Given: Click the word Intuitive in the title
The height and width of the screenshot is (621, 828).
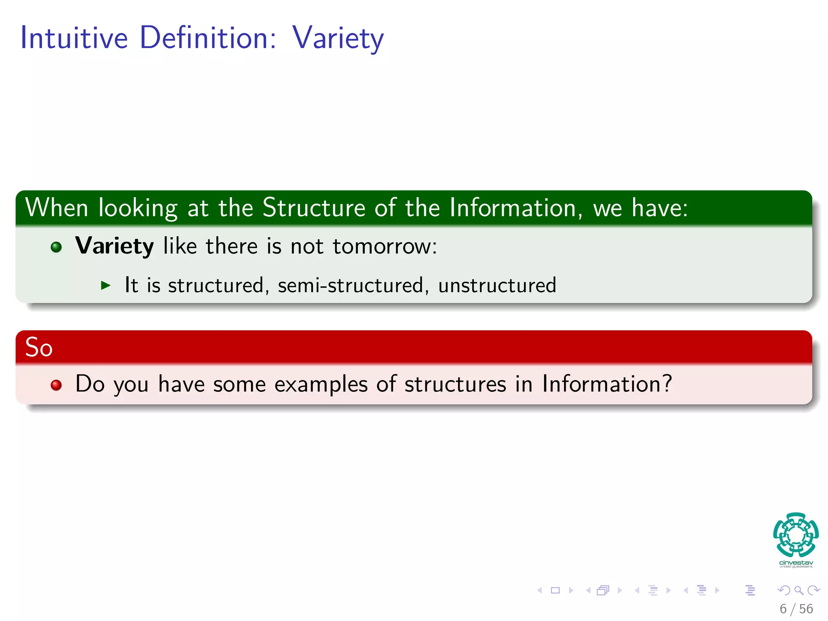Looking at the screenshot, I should click(74, 38).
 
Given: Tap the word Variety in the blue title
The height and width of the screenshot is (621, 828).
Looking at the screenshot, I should click(338, 38).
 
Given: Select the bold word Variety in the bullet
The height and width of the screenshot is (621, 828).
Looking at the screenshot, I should click(114, 246).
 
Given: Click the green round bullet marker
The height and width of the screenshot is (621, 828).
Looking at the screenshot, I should click(56, 247).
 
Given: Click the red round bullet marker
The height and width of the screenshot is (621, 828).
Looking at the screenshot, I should click(56, 385).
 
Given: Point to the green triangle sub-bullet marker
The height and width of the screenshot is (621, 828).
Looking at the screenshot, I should click(106, 285).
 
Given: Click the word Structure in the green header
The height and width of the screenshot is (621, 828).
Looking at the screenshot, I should click(314, 208).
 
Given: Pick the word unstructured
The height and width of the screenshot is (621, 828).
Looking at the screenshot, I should click(497, 285).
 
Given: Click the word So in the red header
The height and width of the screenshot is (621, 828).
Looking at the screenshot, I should click(39, 347).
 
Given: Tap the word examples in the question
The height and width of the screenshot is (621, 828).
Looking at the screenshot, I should click(321, 384).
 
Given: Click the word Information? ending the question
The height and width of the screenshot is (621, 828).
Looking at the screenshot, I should click(607, 384).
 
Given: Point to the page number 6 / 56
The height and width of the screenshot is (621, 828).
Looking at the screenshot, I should click(796, 609).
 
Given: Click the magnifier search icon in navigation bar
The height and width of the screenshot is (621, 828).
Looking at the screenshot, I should click(798, 590).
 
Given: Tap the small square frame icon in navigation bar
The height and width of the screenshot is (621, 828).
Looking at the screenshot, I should click(555, 590).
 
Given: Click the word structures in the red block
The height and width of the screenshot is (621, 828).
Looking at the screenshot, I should click(455, 384).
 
